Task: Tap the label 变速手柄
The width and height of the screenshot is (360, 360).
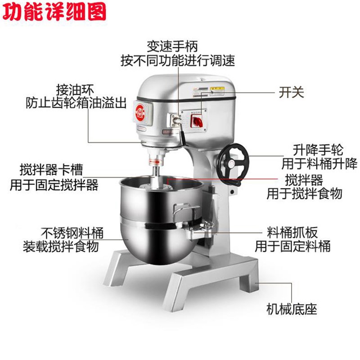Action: coord(172,46)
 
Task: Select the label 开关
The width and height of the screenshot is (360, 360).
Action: coord(292,92)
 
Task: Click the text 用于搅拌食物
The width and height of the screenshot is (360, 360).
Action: coord(305,194)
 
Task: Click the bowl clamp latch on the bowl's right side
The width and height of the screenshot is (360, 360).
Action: coord(205,227)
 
